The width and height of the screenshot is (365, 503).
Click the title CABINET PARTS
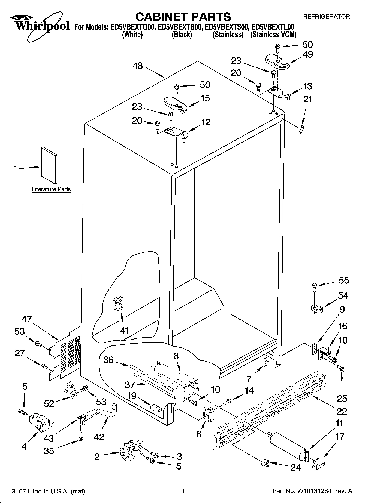183,17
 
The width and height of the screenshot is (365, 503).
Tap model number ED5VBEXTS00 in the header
227,27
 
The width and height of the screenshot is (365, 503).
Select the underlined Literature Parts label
51,189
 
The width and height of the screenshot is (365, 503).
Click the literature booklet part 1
49,165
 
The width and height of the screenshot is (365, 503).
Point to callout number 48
138,66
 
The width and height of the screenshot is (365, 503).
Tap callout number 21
307,99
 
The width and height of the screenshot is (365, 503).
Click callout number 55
343,280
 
